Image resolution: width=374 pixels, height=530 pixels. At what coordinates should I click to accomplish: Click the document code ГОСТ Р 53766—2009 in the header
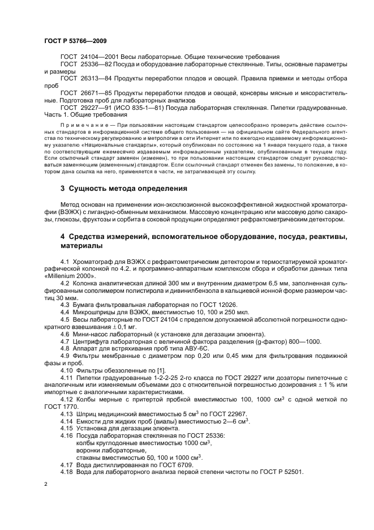(75, 41)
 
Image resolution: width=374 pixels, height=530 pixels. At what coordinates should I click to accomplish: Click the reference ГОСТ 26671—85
(81, 93)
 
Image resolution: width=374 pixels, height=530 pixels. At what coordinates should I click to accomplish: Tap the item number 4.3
(65, 304)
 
